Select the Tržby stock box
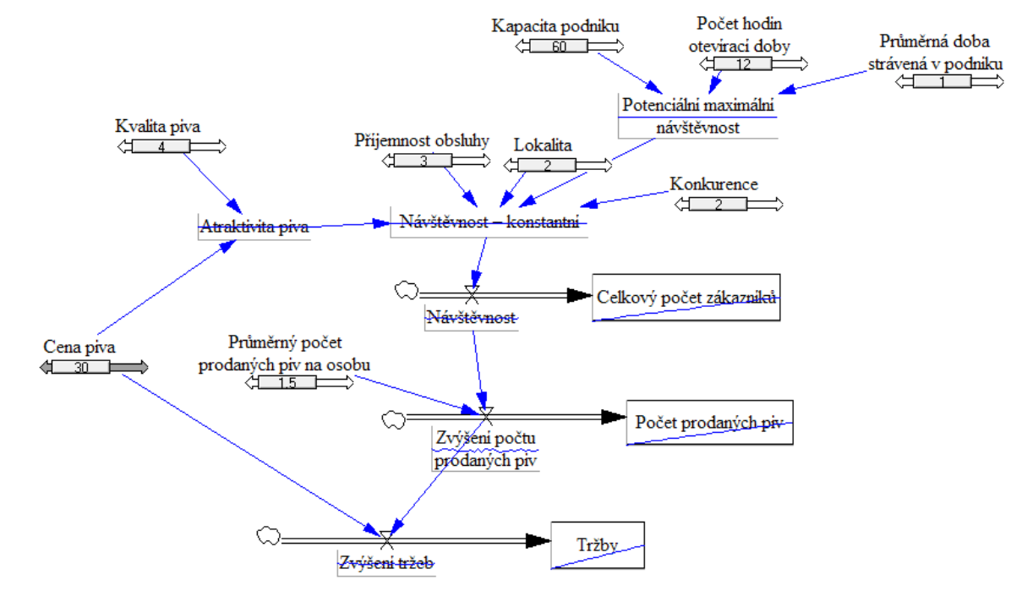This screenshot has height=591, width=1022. tap(598, 544)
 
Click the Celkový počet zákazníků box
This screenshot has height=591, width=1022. tap(686, 297)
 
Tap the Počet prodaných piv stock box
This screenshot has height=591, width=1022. tap(709, 422)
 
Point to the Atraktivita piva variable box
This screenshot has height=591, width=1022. tap(254, 227)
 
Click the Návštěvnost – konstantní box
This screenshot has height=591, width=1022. tap(489, 222)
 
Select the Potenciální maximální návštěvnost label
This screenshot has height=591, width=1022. tap(697, 116)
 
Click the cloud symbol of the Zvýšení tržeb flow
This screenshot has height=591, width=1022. tap(268, 535)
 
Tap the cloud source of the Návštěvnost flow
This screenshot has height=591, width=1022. tap(406, 292)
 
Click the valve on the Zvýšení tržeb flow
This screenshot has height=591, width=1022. tap(385, 539)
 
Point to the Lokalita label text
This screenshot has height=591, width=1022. tap(543, 145)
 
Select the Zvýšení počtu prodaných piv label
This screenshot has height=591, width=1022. tap(485, 450)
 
